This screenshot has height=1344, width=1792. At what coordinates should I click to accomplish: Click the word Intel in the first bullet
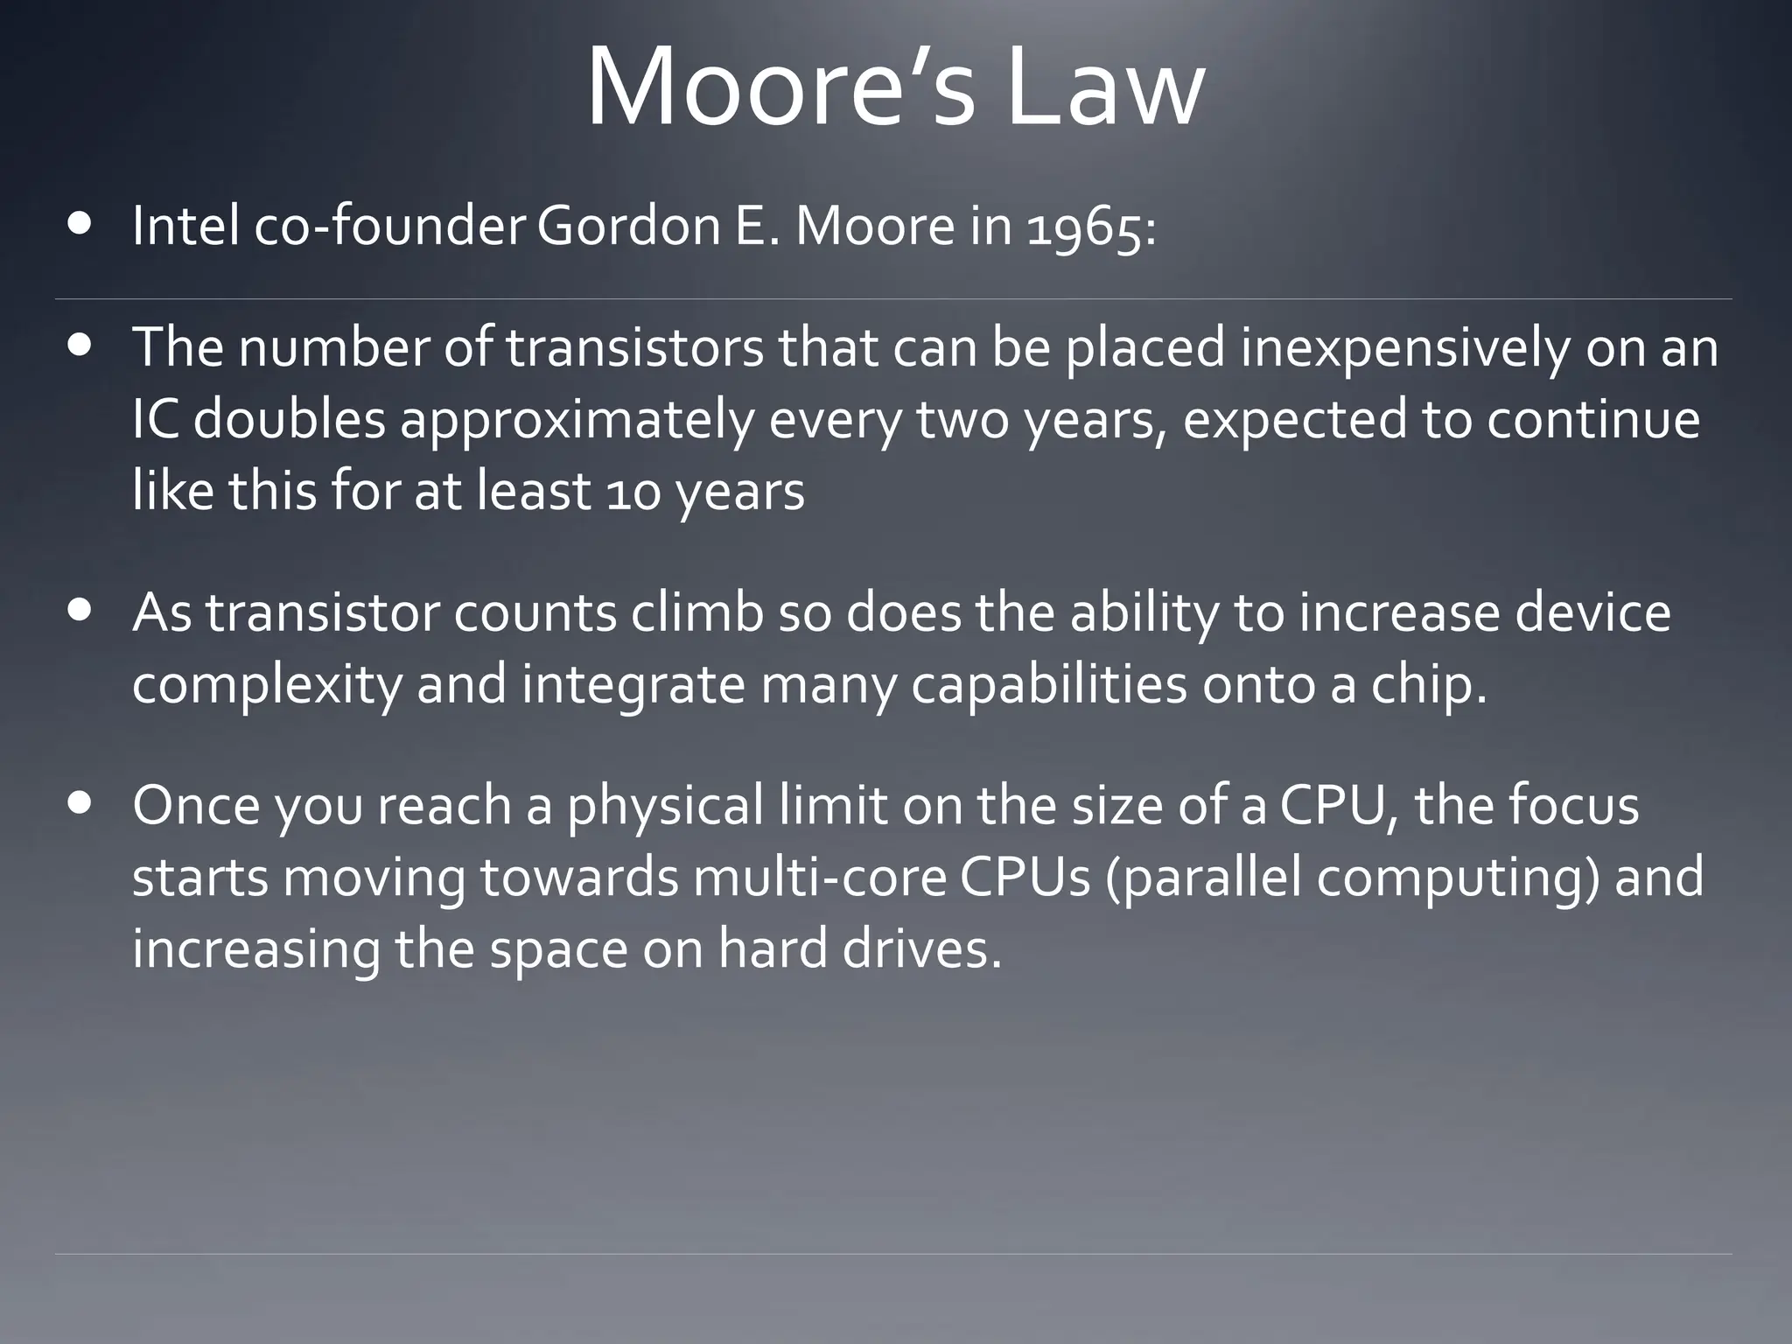[x=185, y=227]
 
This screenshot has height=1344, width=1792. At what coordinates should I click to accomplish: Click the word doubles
[x=289, y=419]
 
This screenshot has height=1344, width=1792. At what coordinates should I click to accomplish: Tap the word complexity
[x=266, y=685]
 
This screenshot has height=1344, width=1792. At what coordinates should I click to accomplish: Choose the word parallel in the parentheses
[x=1202, y=878]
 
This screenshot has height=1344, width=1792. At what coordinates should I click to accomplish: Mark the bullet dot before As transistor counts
[x=81, y=610]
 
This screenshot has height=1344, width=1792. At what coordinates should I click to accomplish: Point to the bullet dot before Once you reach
[x=81, y=803]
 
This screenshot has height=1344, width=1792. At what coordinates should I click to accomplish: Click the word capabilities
[x=1048, y=685]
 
